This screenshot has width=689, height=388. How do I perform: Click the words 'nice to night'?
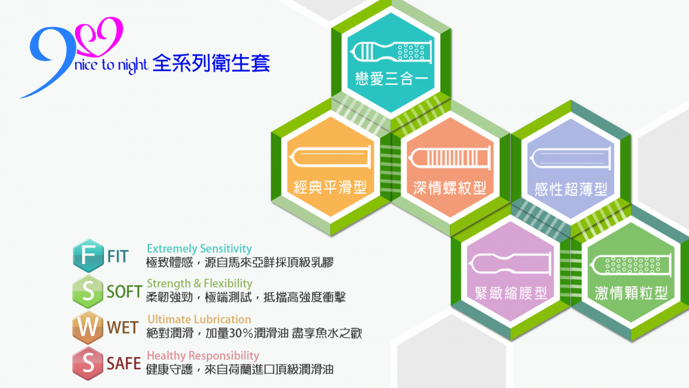coord(111,65)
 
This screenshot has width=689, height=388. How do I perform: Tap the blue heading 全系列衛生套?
coord(212,63)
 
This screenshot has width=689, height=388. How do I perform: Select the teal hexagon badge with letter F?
coord(88,255)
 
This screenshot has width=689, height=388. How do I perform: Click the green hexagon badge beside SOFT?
coord(88,292)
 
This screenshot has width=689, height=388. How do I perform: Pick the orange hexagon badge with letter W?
coord(88,327)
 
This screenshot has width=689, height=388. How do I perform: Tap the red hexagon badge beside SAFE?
coord(88,363)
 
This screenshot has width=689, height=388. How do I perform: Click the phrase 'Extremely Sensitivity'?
coord(199,249)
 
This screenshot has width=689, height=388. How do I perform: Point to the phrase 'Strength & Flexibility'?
coord(200,283)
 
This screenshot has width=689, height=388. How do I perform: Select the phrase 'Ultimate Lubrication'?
coord(199,320)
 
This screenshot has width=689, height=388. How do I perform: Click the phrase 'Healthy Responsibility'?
coord(203,356)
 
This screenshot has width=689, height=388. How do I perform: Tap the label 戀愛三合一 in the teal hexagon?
coord(391,79)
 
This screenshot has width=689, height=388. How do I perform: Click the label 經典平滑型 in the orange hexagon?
coord(331,187)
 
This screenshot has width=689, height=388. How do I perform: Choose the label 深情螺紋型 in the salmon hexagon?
coord(450,188)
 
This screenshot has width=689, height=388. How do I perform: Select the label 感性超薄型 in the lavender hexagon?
coord(570,190)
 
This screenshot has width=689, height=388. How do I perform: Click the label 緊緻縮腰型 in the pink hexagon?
coord(511,293)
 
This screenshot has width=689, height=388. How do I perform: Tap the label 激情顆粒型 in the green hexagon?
coord(631,293)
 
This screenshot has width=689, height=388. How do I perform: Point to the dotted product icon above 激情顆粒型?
coord(631,265)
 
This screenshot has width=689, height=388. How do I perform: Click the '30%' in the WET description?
coord(240,333)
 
